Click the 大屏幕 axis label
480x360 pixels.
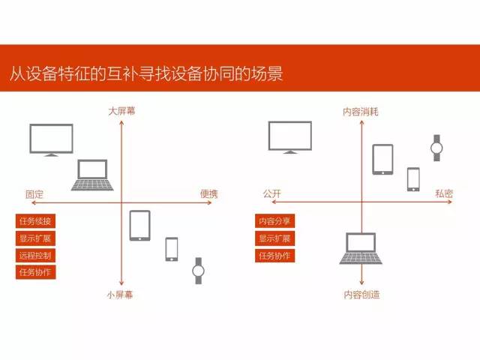[x=121, y=111]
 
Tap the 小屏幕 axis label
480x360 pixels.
[x=120, y=295]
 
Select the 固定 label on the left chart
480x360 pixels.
[x=34, y=194]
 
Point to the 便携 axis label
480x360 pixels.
[x=209, y=193]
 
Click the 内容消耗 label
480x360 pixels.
[x=361, y=112]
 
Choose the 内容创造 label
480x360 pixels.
[x=361, y=295]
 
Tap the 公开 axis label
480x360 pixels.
[x=271, y=193]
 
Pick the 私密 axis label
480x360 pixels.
[x=444, y=193]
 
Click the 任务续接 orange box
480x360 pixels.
[x=35, y=221]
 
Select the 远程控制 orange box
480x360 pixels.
[x=35, y=255]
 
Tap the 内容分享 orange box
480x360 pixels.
[x=275, y=221]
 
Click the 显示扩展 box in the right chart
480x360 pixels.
[x=275, y=238]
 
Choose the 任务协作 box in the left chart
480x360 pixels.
[x=35, y=272]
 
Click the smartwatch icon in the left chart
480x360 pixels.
[x=198, y=271]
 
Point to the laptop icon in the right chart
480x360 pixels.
[x=361, y=248]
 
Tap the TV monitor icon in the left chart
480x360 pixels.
[x=52, y=140]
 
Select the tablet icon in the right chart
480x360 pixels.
[x=382, y=160]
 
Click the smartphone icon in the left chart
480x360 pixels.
[x=172, y=250]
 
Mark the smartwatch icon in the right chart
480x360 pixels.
[x=436, y=148]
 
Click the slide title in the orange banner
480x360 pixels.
[x=146, y=73]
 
